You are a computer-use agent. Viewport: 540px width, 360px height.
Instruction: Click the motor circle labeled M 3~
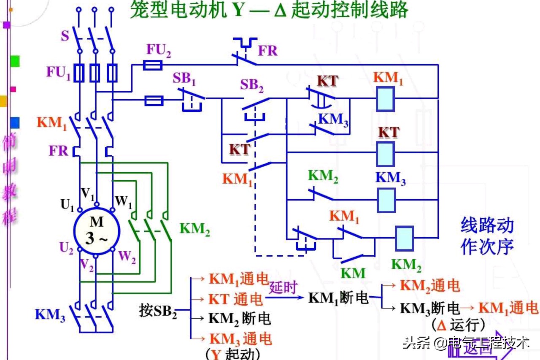tap(97, 231)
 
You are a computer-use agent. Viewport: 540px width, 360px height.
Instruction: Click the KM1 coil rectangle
tap(385, 99)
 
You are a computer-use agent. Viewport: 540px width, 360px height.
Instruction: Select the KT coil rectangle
tap(385, 154)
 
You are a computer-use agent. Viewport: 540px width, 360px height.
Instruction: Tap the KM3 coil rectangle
tap(385, 200)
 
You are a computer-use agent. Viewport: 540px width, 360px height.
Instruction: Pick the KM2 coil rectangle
tap(404, 238)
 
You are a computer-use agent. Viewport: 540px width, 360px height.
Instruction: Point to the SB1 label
tap(184, 78)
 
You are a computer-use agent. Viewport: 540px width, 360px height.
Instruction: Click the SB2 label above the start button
tap(252, 86)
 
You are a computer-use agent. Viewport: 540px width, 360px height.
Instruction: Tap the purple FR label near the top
tap(267, 51)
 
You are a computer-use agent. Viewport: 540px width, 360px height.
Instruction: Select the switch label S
tap(65, 36)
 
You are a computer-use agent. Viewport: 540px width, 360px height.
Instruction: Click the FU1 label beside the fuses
tap(58, 73)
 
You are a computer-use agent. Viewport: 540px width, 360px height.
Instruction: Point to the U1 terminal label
tap(67, 206)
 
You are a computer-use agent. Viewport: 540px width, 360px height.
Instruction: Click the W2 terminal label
tap(127, 257)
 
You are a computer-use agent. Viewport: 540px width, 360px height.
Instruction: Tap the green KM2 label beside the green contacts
tap(194, 229)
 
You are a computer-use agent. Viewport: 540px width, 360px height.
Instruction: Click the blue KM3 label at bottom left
tap(50, 315)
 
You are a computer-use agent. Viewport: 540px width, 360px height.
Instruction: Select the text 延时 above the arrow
tap(283, 288)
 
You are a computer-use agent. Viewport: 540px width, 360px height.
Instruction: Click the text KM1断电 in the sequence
tap(338, 298)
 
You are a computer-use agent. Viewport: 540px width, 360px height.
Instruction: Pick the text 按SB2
tap(158, 311)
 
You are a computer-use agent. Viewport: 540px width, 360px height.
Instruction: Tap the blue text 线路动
tap(487, 226)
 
